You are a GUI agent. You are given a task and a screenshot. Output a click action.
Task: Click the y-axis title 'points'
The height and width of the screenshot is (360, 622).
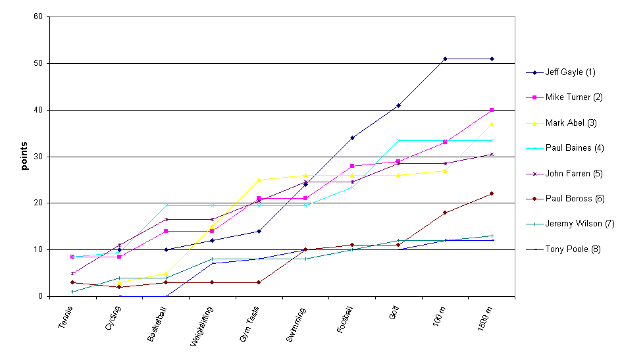pyautogui.click(x=25, y=156)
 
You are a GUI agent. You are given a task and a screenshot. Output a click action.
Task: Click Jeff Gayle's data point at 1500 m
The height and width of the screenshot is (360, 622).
pyautogui.click(x=492, y=59)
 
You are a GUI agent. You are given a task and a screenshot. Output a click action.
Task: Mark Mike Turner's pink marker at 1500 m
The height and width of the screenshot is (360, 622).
pyautogui.click(x=492, y=110)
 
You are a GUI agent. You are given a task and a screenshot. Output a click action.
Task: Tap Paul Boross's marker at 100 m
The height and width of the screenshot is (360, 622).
pyautogui.click(x=445, y=213)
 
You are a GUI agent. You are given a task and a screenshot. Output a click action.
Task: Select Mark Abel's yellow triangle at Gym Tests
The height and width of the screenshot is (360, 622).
pyautogui.click(x=259, y=180)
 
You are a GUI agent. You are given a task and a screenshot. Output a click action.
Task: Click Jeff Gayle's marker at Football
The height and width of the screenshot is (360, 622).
pyautogui.click(x=352, y=138)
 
